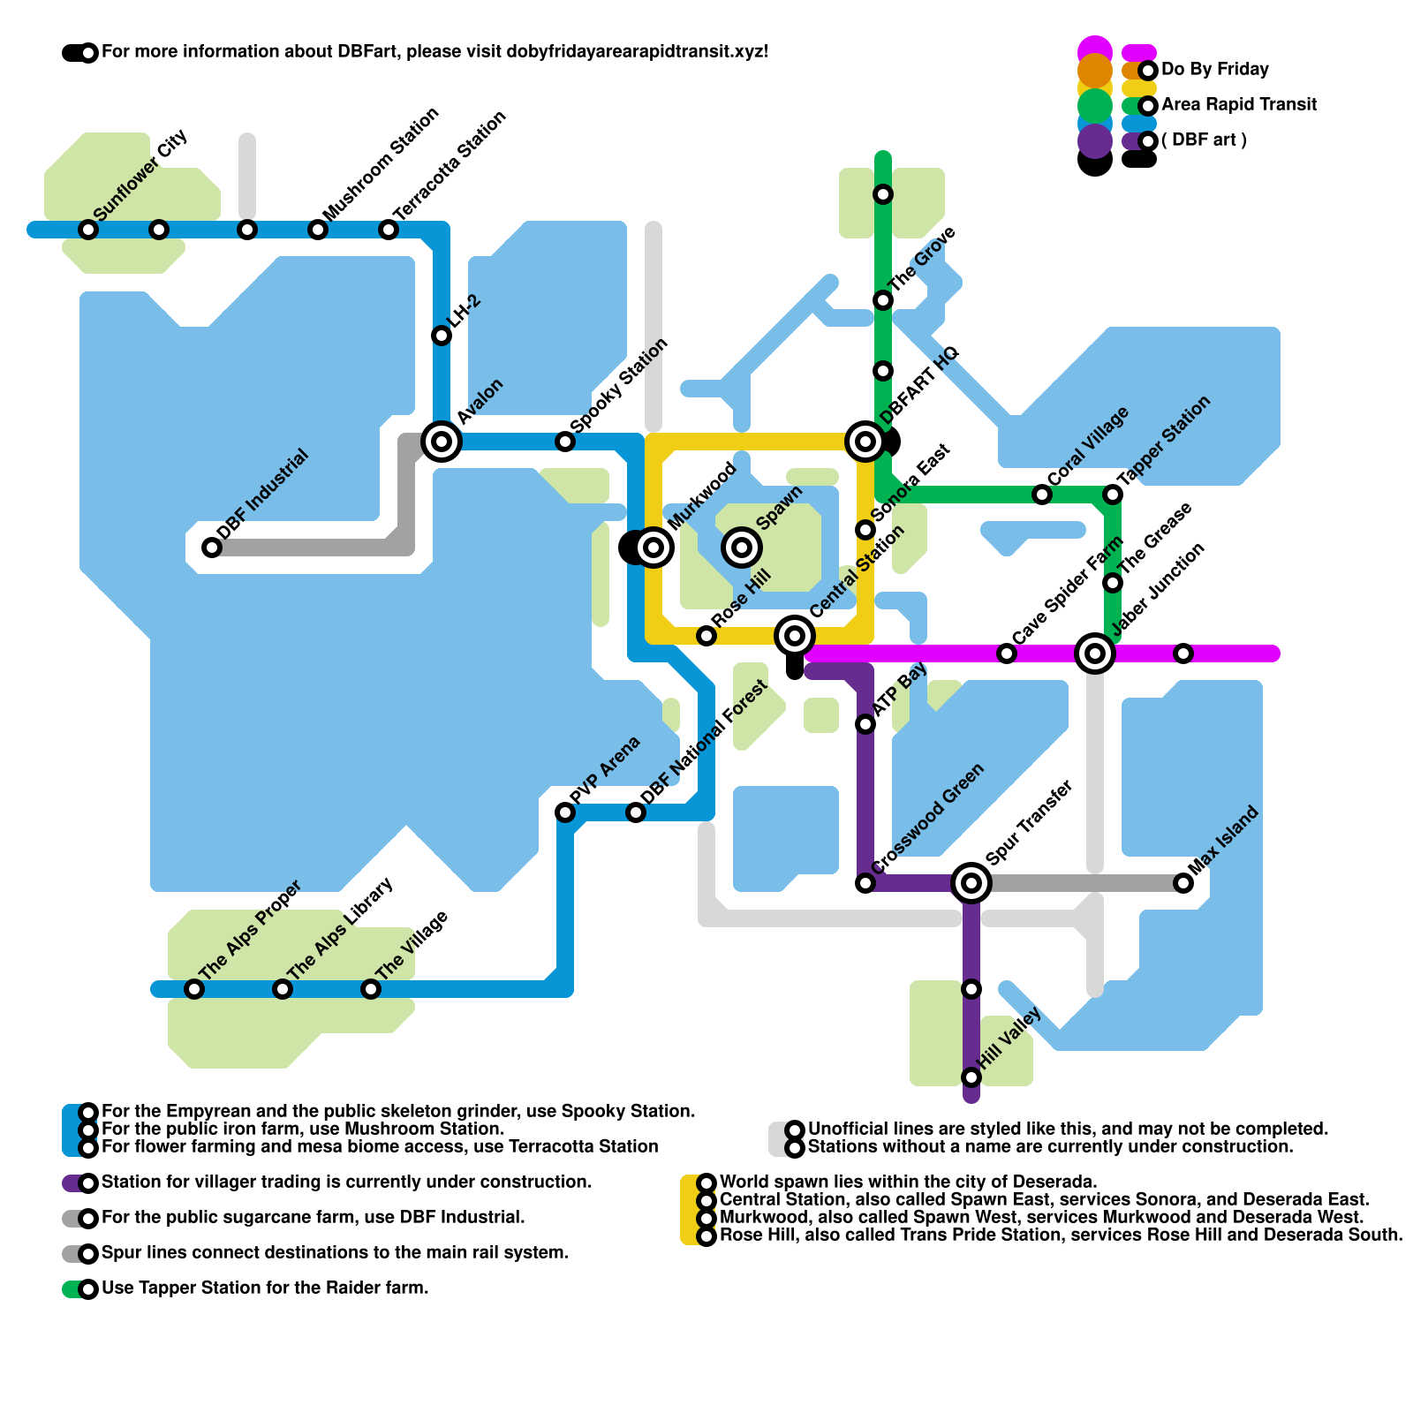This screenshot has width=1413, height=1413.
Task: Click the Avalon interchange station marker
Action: click(442, 441)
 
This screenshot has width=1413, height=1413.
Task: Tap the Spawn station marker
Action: click(742, 548)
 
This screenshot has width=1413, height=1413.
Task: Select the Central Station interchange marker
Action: click(795, 635)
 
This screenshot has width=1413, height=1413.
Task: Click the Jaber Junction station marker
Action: click(1095, 654)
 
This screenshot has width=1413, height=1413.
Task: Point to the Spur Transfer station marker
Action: click(971, 882)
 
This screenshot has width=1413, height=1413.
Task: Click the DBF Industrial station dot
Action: click(212, 548)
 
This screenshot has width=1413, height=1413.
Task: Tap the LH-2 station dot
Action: click(442, 336)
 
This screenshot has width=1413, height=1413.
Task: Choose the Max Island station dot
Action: click(1183, 883)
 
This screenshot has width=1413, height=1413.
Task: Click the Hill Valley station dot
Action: click(971, 1077)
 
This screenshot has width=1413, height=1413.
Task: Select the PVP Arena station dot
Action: click(565, 812)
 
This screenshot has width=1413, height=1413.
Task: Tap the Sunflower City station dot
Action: click(88, 230)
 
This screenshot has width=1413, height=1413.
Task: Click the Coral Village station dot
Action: click(1042, 495)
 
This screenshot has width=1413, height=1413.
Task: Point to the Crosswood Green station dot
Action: click(865, 883)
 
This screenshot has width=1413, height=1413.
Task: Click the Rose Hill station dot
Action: click(706, 636)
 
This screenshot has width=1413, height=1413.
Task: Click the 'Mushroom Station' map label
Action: click(381, 165)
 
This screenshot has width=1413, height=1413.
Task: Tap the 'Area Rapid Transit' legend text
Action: click(1238, 105)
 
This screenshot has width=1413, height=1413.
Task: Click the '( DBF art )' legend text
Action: click(1204, 140)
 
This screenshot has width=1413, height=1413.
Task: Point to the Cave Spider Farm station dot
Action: click(1007, 654)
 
